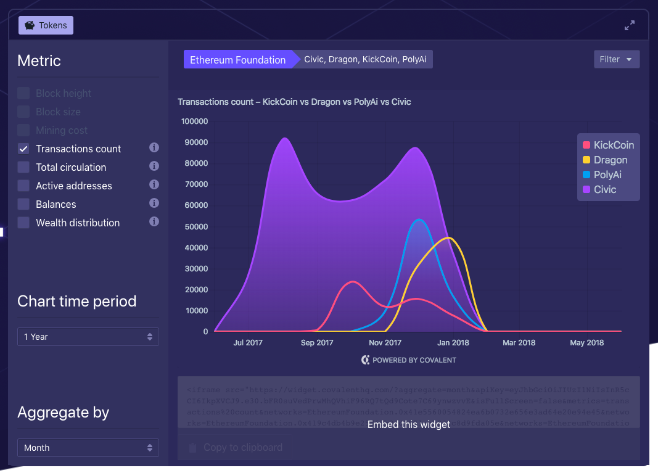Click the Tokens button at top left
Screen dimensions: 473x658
point(46,25)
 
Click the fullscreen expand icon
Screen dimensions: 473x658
point(630,25)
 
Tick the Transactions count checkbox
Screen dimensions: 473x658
point(23,149)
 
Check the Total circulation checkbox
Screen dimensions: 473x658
point(23,167)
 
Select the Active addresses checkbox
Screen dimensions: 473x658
point(23,186)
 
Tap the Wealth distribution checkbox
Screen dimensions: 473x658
point(23,223)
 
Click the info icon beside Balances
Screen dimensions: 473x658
point(154,204)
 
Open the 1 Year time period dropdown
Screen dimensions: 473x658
point(88,337)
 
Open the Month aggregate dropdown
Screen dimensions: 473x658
point(88,448)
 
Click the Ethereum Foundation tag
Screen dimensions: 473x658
point(237,60)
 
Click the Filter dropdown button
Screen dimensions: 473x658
point(616,59)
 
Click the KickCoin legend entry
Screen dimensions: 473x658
point(608,145)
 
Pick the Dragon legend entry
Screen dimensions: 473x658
point(605,160)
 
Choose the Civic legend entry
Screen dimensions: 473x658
point(599,189)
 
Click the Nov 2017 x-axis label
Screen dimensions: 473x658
point(385,343)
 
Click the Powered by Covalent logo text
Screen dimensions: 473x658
point(409,360)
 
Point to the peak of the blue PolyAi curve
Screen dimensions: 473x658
point(419,220)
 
